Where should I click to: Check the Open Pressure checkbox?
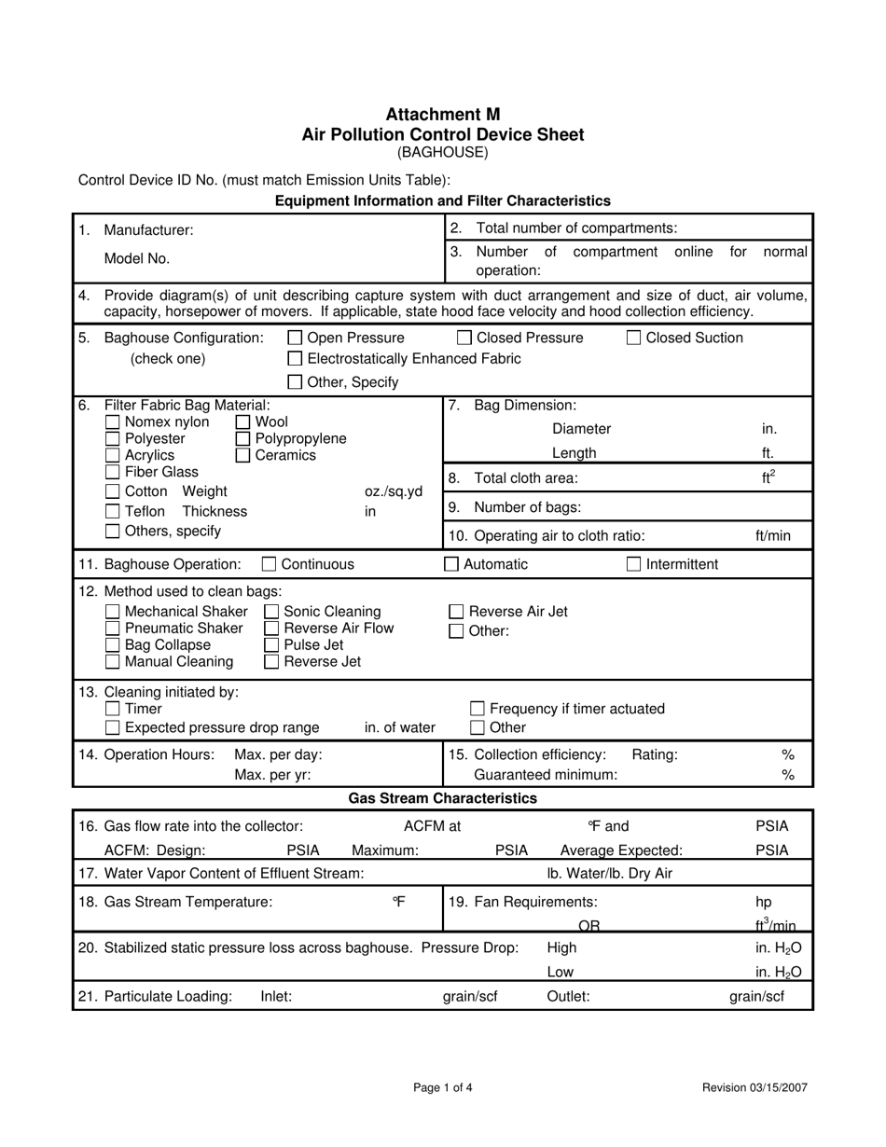click(x=295, y=338)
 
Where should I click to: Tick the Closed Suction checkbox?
click(x=633, y=338)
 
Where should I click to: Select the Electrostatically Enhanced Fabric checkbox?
click(x=295, y=359)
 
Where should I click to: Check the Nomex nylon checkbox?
click(x=113, y=422)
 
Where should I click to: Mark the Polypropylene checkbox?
click(x=242, y=439)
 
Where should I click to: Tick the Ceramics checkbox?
click(x=242, y=456)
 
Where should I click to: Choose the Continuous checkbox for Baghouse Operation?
click(x=269, y=564)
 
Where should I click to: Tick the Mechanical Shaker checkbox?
click(x=113, y=612)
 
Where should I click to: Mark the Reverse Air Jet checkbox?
click(x=456, y=612)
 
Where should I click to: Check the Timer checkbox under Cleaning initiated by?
click(x=113, y=710)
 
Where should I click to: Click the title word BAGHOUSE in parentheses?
click(x=442, y=152)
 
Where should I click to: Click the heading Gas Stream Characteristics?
click(x=442, y=798)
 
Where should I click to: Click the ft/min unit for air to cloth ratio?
click(x=772, y=536)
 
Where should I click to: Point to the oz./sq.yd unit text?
click(x=393, y=491)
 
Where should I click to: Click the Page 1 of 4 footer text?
click(x=443, y=1087)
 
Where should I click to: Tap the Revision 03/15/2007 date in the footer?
click(x=754, y=1087)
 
